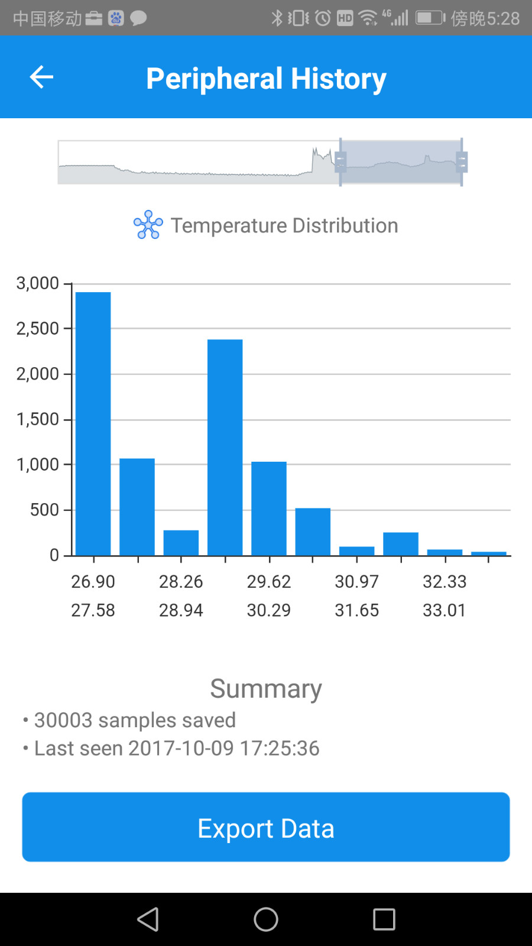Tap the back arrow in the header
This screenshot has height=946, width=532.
tap(41, 77)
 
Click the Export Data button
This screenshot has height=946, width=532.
tap(266, 827)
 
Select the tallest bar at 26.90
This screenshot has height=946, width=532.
tap(93, 423)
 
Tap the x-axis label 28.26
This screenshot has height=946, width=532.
tap(181, 582)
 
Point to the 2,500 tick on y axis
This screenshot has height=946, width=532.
tap(38, 329)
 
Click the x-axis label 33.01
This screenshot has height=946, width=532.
tap(445, 610)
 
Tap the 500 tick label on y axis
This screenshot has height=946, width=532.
tap(44, 510)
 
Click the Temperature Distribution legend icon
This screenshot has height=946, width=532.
tap(148, 225)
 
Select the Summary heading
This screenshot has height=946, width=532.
tap(266, 689)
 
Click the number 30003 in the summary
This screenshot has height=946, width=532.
tap(63, 720)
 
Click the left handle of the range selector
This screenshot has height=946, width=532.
tap(340, 161)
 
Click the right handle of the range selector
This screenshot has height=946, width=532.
tap(462, 161)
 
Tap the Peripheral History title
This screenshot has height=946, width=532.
tap(266, 79)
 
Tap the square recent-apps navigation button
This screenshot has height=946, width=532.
tap(384, 919)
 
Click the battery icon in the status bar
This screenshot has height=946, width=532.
tap(430, 18)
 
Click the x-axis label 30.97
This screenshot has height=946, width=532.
tap(357, 582)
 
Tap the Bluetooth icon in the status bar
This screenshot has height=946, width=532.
tap(277, 18)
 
